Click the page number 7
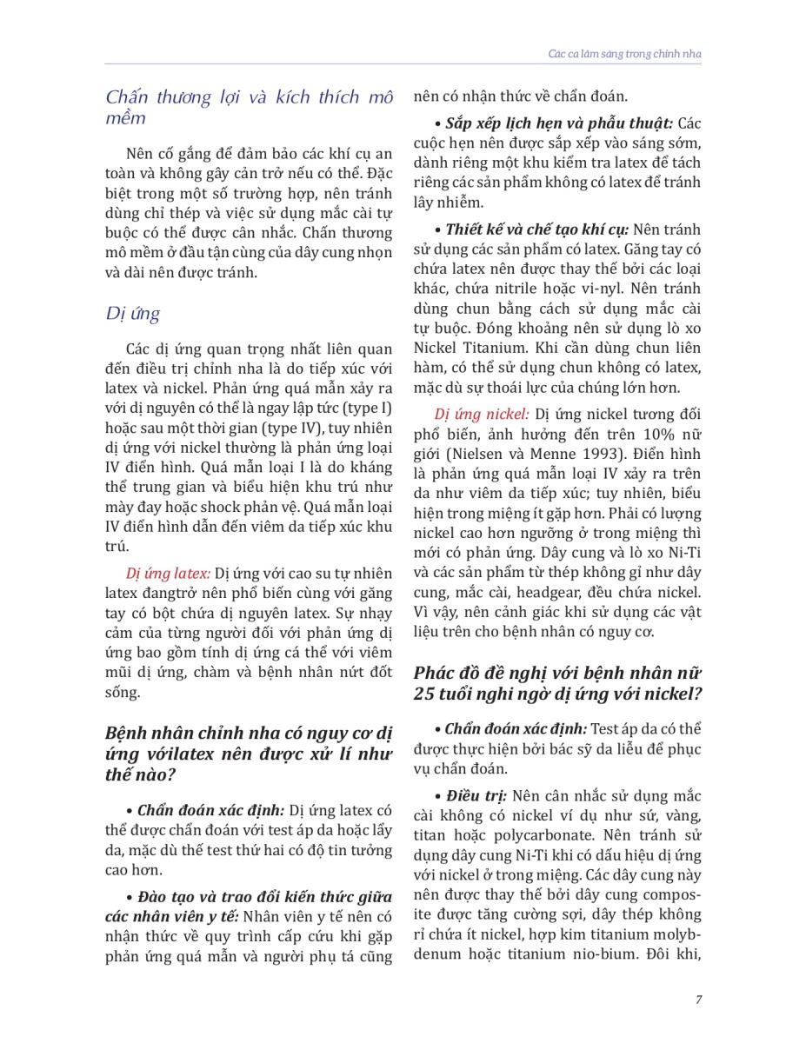click(698, 1000)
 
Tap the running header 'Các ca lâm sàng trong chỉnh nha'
click(624, 54)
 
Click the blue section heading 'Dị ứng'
click(133, 314)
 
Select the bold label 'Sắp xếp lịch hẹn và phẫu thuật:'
click(559, 123)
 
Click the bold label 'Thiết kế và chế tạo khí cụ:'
click(536, 229)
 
